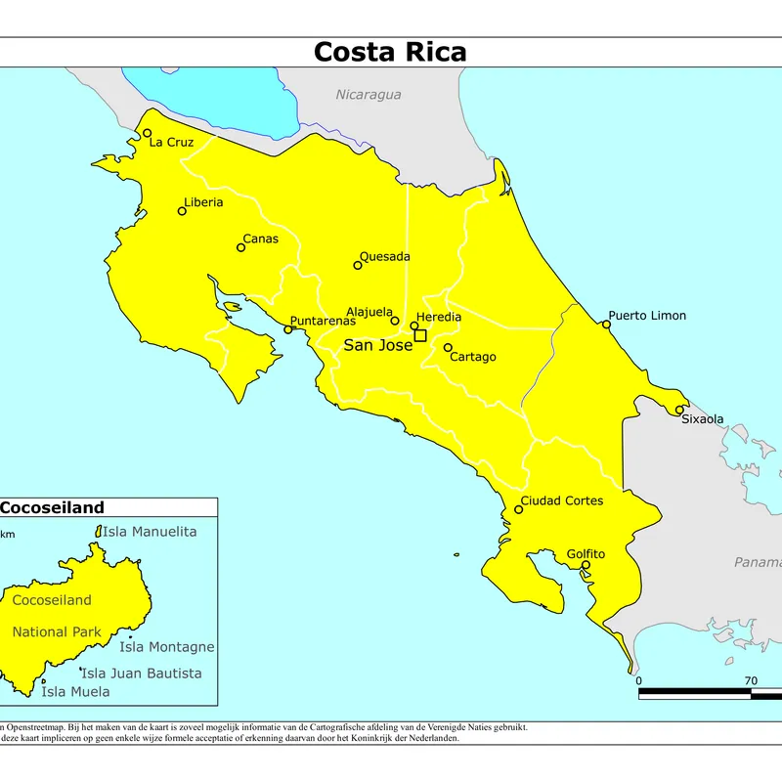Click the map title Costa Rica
point(390,52)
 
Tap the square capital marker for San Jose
point(420,335)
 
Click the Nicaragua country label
point(369,95)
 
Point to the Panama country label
point(758,562)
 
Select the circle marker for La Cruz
point(148,133)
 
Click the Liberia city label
point(203,202)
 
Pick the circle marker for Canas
point(240,247)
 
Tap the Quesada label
point(385,257)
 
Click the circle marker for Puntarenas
point(287,330)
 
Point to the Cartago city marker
point(448,347)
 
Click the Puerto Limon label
point(647,316)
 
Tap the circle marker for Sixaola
point(679,410)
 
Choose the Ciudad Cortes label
point(561,500)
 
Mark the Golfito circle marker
point(586,565)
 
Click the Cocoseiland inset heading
point(52,507)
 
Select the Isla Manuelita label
point(150,532)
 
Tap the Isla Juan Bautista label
point(142,673)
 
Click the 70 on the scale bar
point(751,680)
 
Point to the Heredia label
point(439,318)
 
